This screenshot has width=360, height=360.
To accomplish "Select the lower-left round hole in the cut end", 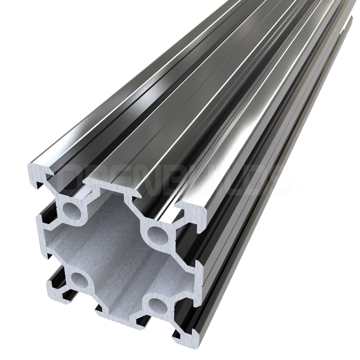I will [78, 279].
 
